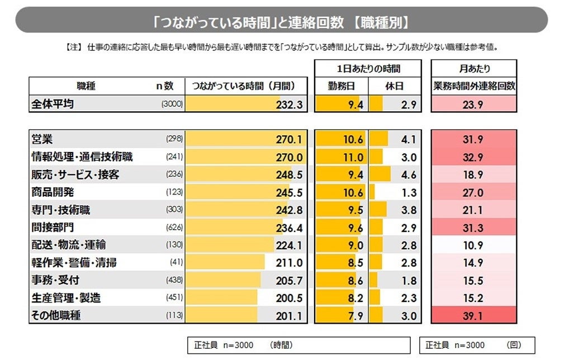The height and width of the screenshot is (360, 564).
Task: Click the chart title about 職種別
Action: click(281, 22)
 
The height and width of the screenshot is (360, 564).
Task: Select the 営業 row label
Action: click(43, 139)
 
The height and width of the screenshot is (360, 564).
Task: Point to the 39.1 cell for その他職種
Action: click(473, 315)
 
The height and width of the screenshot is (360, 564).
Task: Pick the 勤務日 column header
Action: click(340, 87)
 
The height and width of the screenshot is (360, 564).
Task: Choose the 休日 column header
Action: click(394, 87)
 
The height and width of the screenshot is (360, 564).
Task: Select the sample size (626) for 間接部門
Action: click(174, 228)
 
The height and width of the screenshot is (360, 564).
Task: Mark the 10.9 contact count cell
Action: click(473, 245)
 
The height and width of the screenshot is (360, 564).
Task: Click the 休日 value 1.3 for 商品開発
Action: click(409, 192)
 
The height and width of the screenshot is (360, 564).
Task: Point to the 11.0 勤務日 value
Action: click(353, 157)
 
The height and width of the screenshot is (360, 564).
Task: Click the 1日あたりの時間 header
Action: click(367, 69)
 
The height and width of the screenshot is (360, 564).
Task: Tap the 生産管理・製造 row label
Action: click(65, 298)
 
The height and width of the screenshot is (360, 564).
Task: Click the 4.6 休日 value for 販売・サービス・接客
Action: click(409, 174)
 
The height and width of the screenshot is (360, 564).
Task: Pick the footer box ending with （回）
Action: click(477, 345)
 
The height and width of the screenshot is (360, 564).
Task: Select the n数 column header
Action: click(165, 87)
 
